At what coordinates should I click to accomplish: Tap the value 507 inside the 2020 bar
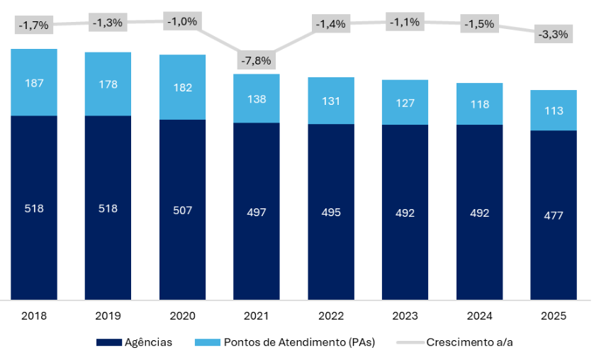pyautogui.click(x=182, y=210)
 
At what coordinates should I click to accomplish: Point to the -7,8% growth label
pyautogui.click(x=257, y=60)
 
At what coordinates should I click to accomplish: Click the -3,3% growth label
pyautogui.click(x=554, y=34)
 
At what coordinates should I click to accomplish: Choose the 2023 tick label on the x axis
pyautogui.click(x=405, y=316)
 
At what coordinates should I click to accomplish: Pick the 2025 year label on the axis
pyautogui.click(x=554, y=316)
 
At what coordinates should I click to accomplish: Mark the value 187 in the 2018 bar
pyautogui.click(x=34, y=83)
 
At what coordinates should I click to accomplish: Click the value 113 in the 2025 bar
pyautogui.click(x=554, y=111)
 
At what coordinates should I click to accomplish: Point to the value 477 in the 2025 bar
pyautogui.click(x=554, y=215)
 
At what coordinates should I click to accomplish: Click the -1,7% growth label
pyautogui.click(x=34, y=26)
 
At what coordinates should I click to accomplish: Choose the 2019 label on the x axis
pyautogui.click(x=108, y=316)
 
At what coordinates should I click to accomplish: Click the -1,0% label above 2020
pyautogui.click(x=182, y=21)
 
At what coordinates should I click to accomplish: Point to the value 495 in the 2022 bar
pyautogui.click(x=331, y=213)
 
